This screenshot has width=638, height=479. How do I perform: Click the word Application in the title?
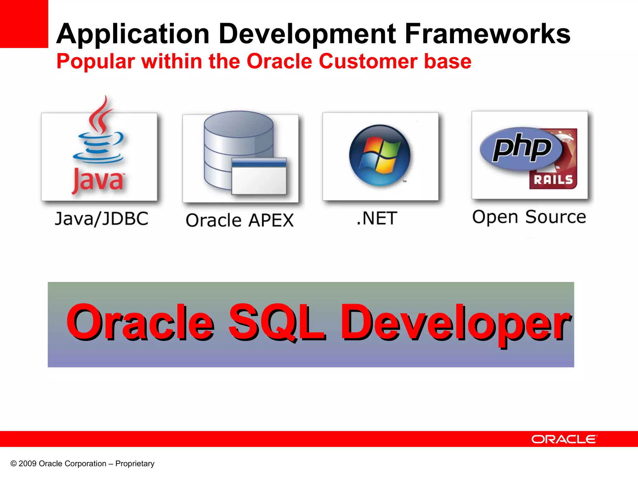coord(133,34)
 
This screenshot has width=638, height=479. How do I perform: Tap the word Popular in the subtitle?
coord(96,62)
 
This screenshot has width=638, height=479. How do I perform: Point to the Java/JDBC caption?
coord(102,219)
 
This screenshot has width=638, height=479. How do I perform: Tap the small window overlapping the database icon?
coord(259,176)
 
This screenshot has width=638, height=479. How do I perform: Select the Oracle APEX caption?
coord(240,220)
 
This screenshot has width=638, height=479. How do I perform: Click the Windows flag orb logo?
coord(380,155)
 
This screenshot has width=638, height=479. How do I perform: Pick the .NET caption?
coord(377,218)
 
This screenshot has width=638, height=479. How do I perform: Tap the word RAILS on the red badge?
coord(553,180)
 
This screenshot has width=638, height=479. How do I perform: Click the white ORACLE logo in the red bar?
coord(564,439)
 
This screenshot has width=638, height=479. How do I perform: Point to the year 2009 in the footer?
coord(27,464)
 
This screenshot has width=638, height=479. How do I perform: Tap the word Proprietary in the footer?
coord(135,464)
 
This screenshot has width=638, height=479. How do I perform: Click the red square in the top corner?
coord(24,24)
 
